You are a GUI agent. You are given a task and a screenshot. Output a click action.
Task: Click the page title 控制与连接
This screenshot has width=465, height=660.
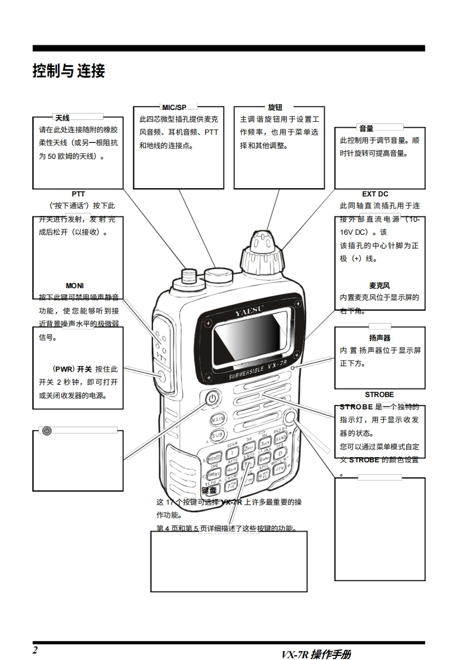[69, 72]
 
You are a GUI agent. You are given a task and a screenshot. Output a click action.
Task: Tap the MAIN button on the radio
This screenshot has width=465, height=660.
[218, 419]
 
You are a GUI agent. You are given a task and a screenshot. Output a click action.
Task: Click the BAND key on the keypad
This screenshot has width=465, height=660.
[280, 438]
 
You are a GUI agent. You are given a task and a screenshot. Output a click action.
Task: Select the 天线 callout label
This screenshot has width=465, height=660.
[62, 118]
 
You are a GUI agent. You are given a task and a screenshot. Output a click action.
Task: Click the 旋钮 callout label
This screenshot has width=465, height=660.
[275, 108]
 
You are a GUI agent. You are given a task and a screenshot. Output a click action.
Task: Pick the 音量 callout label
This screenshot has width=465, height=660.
[366, 128]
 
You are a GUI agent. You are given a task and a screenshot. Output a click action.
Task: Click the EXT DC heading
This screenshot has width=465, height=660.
[375, 194]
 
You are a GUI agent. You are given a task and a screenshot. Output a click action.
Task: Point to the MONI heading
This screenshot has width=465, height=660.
[75, 286]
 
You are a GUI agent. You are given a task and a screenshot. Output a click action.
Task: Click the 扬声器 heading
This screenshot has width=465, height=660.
[380, 338]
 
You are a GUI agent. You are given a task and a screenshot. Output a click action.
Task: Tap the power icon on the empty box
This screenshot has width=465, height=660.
[47, 431]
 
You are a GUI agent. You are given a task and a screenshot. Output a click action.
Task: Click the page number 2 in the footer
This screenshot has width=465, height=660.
[35, 649]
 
